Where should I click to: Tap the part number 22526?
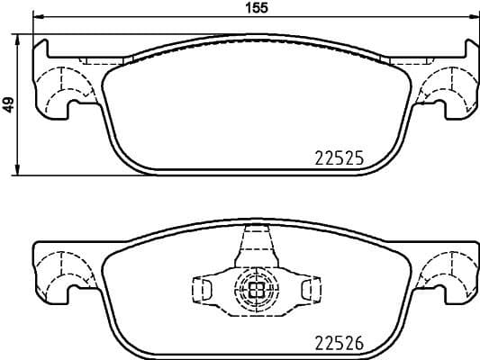point(337,343)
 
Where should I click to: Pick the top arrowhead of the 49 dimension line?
point(19,38)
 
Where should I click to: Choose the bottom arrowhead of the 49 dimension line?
point(19,171)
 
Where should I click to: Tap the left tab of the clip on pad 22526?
point(202,289)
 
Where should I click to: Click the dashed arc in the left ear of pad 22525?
point(63,85)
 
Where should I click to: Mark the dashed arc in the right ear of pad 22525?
point(447,85)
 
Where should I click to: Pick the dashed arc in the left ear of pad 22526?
point(63,269)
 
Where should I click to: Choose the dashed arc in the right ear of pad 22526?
point(447,269)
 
